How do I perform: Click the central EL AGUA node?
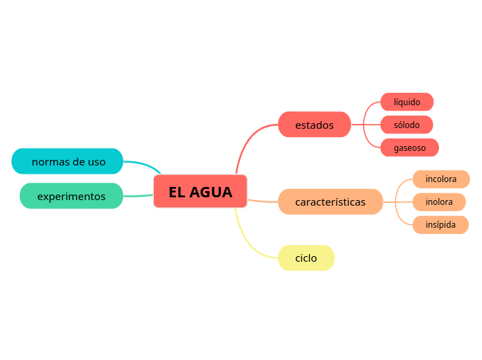(x=200, y=192)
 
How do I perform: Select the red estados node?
(x=314, y=125)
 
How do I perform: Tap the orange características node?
(x=330, y=202)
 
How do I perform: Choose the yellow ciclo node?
(x=306, y=258)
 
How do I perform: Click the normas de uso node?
(x=68, y=161)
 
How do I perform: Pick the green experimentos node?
(x=71, y=196)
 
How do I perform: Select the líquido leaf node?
(x=407, y=102)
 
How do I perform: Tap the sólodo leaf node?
(x=407, y=125)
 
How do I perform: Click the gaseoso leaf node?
(x=410, y=147)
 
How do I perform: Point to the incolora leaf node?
(x=441, y=179)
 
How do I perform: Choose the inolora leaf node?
(x=439, y=202)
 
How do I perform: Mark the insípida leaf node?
(x=440, y=225)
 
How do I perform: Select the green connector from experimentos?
(x=138, y=196)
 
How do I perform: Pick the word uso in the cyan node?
(x=98, y=162)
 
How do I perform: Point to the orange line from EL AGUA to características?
(x=262, y=201)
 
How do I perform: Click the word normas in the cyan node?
(x=50, y=162)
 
